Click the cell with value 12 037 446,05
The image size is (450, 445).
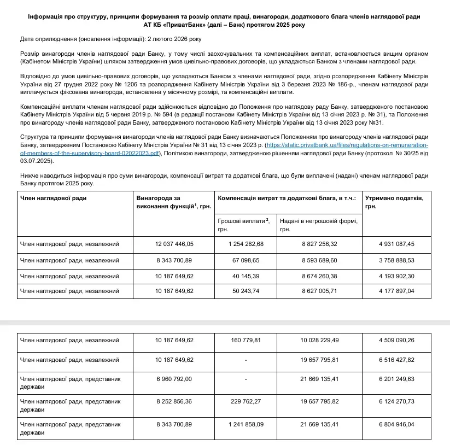174,244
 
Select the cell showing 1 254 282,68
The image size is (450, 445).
246,244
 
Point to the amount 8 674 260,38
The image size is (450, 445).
319,276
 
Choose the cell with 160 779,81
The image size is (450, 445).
246,340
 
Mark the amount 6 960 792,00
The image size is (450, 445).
174,379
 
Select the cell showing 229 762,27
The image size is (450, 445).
246,401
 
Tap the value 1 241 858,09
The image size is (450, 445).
246,424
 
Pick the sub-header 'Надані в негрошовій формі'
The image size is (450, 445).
318,224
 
